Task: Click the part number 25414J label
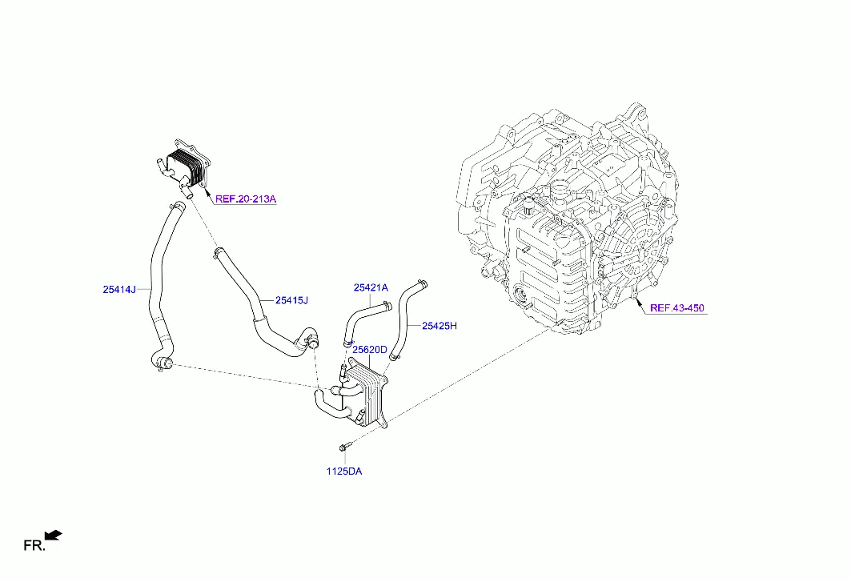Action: point(119,289)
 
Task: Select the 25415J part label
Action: point(291,300)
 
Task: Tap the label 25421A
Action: point(371,287)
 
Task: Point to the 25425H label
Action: point(440,326)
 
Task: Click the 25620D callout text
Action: point(370,350)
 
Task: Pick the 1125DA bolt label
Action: point(344,472)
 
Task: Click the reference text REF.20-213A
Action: point(246,199)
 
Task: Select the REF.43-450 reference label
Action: point(676,308)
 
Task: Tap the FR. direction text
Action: point(34,546)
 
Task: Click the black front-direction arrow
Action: point(53,536)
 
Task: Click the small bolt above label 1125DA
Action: point(344,447)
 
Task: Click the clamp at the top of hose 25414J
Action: point(177,207)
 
